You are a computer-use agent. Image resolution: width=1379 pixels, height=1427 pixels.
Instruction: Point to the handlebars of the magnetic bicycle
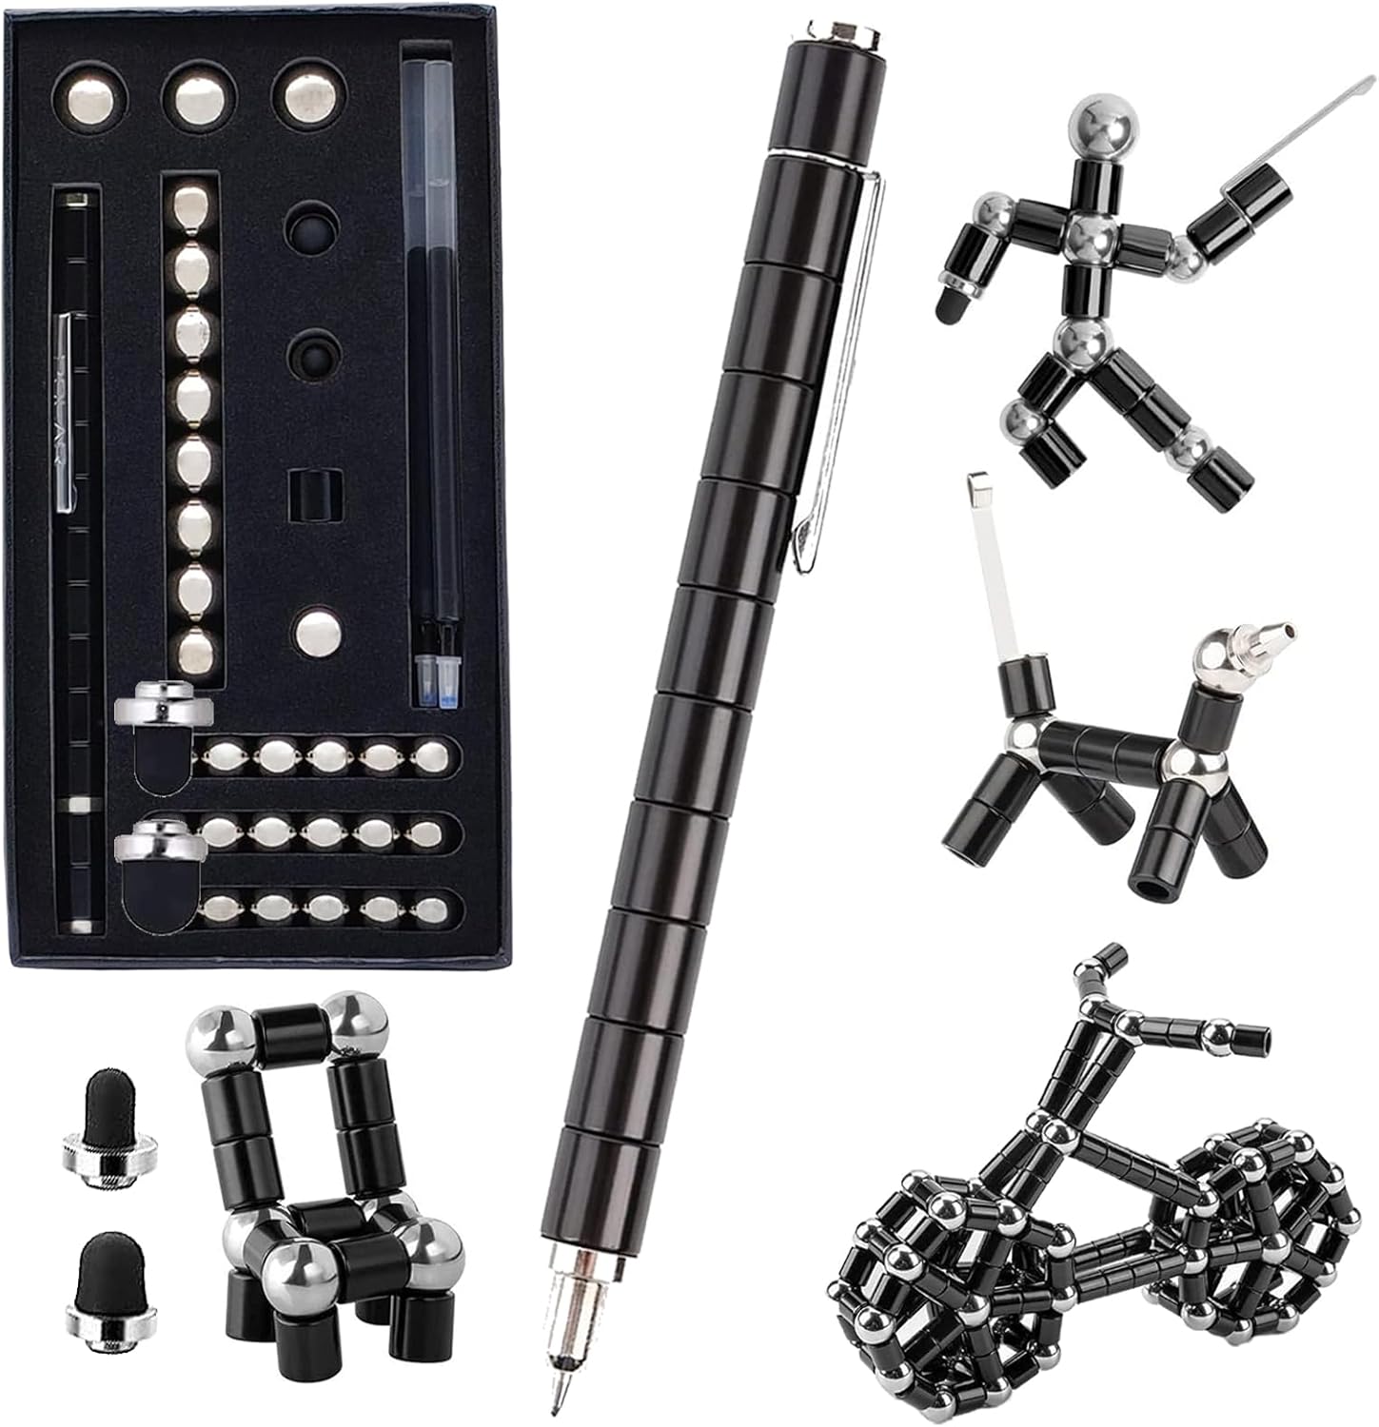coord(1142,1008)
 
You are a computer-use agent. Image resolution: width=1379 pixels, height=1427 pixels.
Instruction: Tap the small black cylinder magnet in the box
coord(313,494)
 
